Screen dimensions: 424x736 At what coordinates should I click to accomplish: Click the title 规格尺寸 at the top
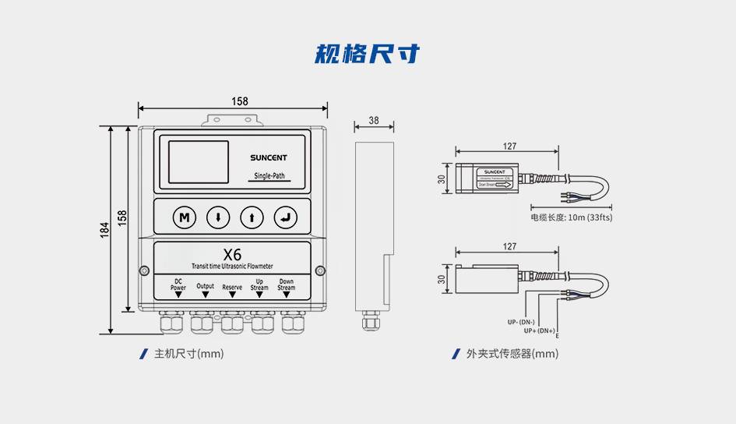point(367,54)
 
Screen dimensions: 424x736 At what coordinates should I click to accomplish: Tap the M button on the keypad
point(185,217)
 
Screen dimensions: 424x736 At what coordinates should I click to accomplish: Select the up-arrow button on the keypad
point(252,217)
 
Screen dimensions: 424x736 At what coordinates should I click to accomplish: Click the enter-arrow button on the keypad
point(286,217)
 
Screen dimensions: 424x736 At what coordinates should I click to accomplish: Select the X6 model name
point(232,254)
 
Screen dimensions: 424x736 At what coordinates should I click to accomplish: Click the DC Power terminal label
point(178,285)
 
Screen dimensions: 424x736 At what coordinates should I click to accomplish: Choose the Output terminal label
point(206,287)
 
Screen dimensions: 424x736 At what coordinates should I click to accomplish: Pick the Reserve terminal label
point(232,287)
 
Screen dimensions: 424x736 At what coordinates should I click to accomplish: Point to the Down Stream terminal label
point(287,284)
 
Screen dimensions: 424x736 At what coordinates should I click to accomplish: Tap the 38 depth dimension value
point(374,121)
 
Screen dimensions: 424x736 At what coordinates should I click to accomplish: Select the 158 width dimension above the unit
point(240,101)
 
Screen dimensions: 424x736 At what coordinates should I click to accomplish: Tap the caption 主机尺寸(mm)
point(189,354)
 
